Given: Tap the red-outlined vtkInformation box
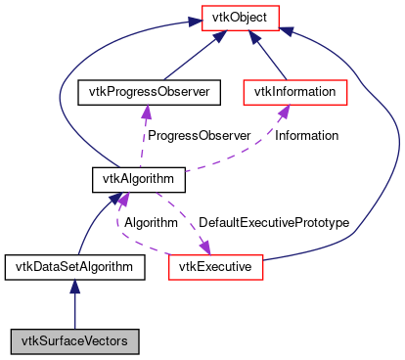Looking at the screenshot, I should (295, 92).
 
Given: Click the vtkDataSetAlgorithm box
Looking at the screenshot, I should (75, 265).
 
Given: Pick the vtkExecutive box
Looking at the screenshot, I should (216, 265).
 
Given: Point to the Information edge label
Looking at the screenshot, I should (306, 135).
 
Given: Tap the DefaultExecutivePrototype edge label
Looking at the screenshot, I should (274, 222).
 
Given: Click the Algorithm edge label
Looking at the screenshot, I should (151, 222).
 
